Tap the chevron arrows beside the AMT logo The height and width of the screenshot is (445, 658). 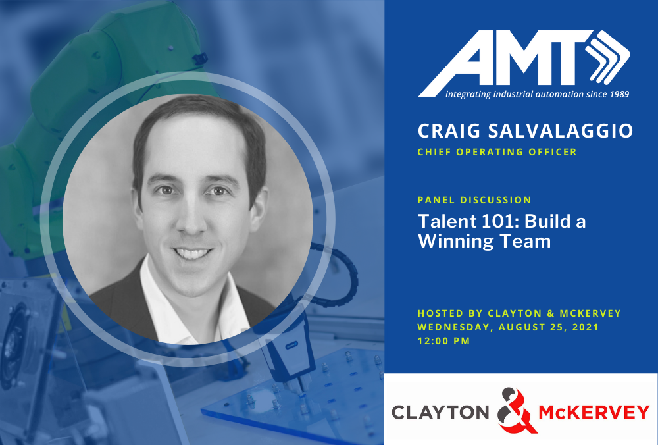tap(607, 57)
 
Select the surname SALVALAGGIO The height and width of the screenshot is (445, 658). tap(560, 131)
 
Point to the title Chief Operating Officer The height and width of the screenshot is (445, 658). tap(497, 152)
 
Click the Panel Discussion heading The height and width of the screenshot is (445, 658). tap(474, 200)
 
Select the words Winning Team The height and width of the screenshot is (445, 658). tap(484, 242)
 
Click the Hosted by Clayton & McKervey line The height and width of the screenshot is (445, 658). tap(519, 313)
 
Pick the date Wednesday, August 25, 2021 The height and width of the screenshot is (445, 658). tap(508, 327)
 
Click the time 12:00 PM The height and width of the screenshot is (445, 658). tap(443, 341)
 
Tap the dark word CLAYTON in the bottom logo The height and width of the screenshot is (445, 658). tap(441, 412)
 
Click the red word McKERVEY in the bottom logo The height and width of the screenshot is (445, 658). tap(594, 412)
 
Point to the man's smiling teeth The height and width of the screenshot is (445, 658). tap(191, 253)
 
